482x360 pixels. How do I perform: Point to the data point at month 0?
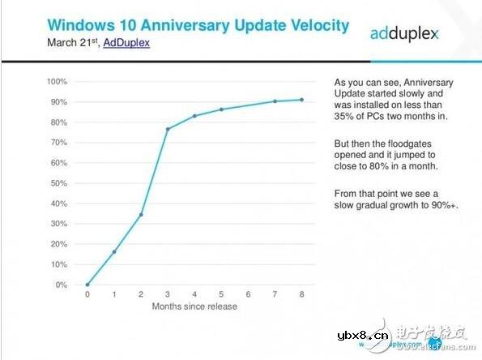(87, 285)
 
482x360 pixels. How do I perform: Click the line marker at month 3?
(168, 129)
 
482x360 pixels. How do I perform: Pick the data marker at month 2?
(141, 215)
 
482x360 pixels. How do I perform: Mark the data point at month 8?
(302, 100)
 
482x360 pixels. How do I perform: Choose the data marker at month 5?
(221, 109)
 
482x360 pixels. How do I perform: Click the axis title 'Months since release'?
(194, 307)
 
